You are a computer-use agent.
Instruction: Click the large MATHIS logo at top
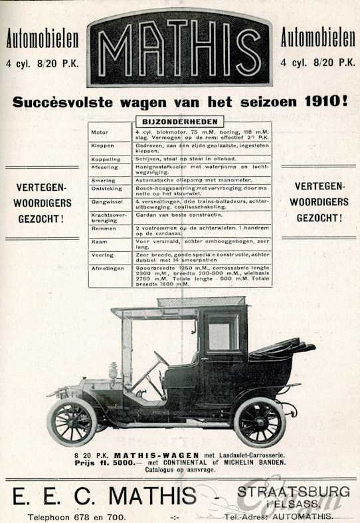179,47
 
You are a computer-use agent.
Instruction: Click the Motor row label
99,133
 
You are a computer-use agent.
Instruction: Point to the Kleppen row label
101,147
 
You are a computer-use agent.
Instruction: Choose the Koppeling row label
105,159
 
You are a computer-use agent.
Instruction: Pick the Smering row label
102,180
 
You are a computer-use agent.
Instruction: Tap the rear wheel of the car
259,422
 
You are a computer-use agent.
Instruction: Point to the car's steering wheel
161,359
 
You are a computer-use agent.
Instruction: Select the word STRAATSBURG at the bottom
293,490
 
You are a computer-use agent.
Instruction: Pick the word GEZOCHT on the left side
40,217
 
